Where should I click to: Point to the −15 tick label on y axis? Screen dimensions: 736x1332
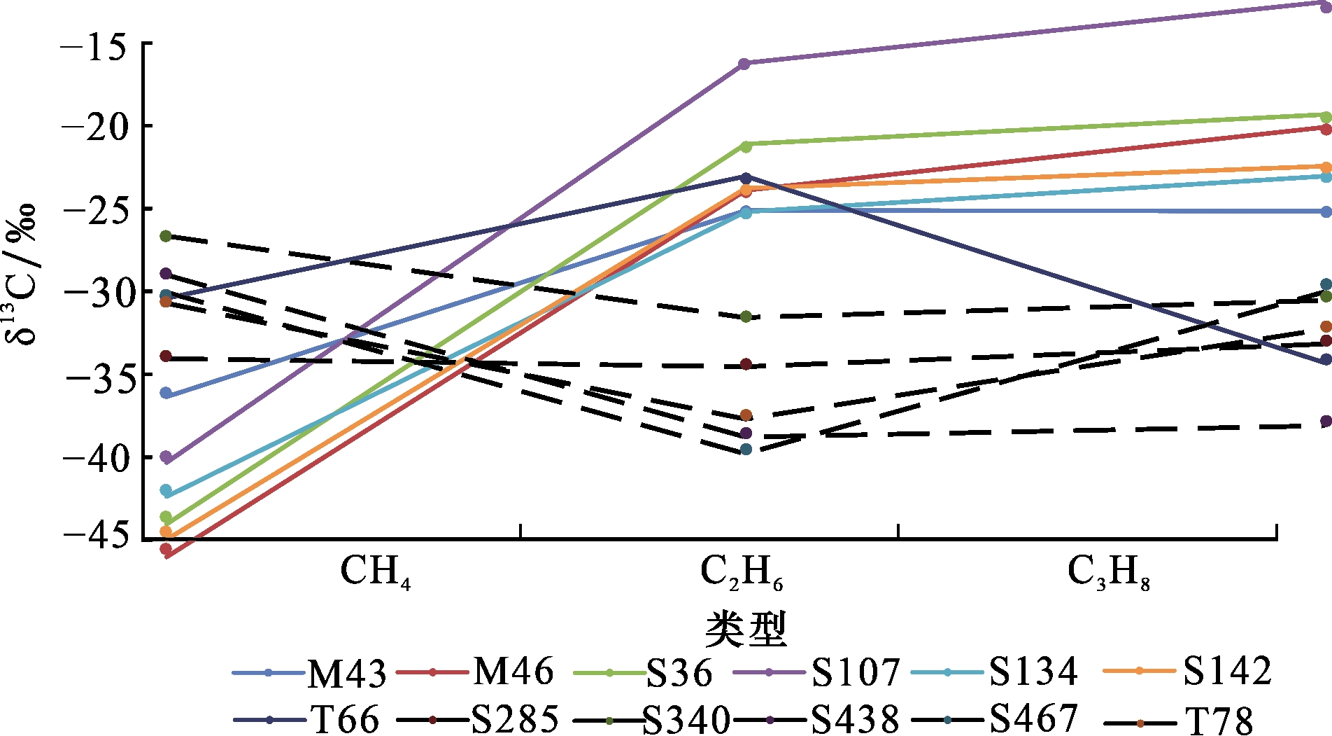(x=93, y=45)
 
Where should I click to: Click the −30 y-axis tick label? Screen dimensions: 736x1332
(x=93, y=292)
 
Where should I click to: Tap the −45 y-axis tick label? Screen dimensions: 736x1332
(x=93, y=536)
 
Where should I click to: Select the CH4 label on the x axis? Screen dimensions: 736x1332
(x=375, y=573)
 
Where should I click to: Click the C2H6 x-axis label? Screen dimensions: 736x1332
(x=741, y=573)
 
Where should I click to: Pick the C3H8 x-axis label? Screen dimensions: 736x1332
(x=1108, y=573)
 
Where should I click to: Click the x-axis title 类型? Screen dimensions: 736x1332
(x=746, y=629)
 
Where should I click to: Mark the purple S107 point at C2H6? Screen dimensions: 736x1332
(x=744, y=64)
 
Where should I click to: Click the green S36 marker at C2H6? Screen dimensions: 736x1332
(x=746, y=146)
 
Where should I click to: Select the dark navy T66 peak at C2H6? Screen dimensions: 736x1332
(x=746, y=179)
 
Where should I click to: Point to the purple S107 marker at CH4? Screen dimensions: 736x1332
(x=166, y=457)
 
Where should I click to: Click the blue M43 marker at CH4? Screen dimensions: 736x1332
(x=166, y=394)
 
